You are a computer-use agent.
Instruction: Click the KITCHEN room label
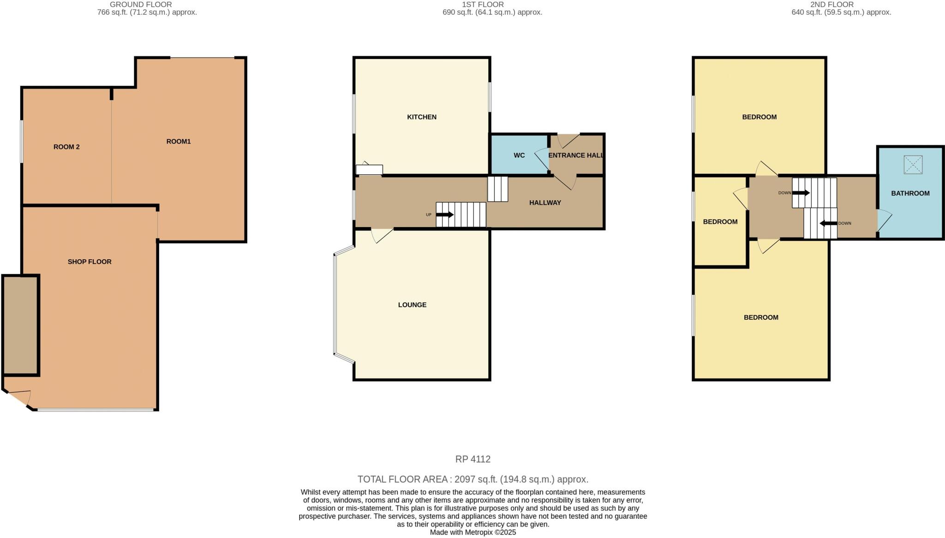(x=421, y=117)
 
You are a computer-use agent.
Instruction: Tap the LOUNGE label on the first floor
(x=412, y=305)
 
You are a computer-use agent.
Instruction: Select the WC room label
(x=519, y=155)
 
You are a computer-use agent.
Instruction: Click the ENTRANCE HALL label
(x=576, y=155)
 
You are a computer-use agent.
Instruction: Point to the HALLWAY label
(x=545, y=203)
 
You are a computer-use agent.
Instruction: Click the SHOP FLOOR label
(x=90, y=262)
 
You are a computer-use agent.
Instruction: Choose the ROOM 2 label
(x=66, y=147)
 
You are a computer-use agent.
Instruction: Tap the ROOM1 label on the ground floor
(x=179, y=142)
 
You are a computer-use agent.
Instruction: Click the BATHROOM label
(x=910, y=193)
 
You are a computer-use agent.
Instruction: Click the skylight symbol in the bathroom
(x=913, y=165)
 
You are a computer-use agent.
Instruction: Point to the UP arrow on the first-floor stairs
(x=445, y=215)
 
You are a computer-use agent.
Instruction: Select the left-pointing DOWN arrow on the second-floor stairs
(x=828, y=224)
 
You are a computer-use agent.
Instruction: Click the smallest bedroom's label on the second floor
(x=720, y=222)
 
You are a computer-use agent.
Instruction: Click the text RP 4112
(x=472, y=459)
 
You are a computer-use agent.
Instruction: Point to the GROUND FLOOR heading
(x=141, y=5)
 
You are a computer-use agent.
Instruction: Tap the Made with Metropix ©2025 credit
(x=472, y=532)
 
